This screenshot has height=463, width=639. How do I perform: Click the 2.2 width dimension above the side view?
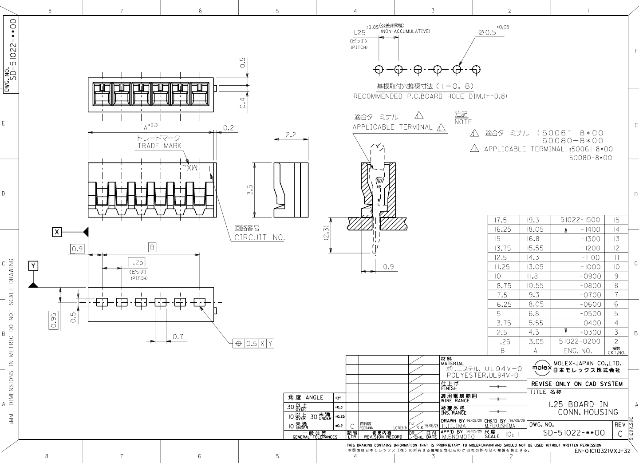coord(291,135)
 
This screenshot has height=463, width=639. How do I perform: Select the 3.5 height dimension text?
coord(251,190)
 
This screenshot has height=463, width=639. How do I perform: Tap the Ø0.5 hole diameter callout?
coord(487,32)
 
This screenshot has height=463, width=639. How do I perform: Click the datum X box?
coord(57,232)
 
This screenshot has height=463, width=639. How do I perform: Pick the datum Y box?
coord(33,266)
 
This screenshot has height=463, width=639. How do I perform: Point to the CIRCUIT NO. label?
coord(260,237)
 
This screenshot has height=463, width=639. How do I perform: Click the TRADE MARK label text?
coord(159,146)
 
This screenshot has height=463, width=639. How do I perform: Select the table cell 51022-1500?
coord(580,220)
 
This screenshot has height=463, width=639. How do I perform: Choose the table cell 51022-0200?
coord(580,341)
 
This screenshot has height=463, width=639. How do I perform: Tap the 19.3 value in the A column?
coord(535,220)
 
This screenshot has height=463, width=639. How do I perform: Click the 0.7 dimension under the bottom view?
coord(177,337)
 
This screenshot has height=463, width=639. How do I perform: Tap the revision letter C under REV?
coord(620,433)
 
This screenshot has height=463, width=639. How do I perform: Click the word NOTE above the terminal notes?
coord(463,122)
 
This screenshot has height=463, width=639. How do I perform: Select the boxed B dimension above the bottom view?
coord(152,247)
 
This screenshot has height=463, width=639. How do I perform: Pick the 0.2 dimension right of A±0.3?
coord(229,128)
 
